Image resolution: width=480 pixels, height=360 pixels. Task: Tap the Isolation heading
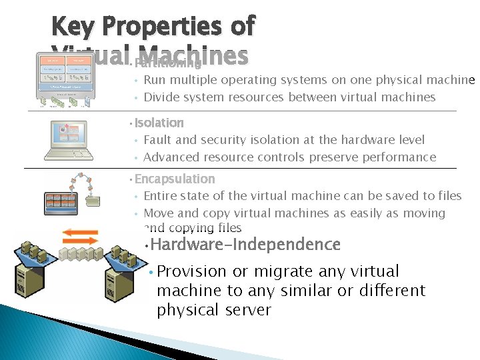click(159, 123)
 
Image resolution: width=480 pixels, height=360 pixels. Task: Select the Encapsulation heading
click(175, 179)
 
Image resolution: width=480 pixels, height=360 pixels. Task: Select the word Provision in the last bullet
click(192, 271)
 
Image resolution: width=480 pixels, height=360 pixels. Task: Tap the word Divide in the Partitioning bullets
click(160, 97)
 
